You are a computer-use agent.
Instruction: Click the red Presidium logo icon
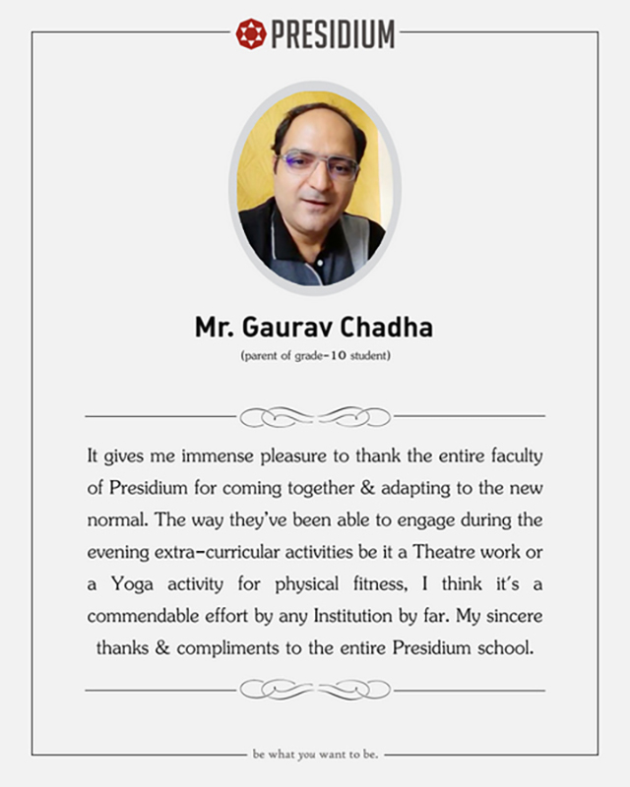tap(251, 33)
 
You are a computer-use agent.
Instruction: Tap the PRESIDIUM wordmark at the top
tap(332, 34)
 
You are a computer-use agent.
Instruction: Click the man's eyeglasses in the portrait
tap(317, 163)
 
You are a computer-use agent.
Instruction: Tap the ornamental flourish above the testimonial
tap(315, 416)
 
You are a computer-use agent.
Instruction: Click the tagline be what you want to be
tap(315, 756)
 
